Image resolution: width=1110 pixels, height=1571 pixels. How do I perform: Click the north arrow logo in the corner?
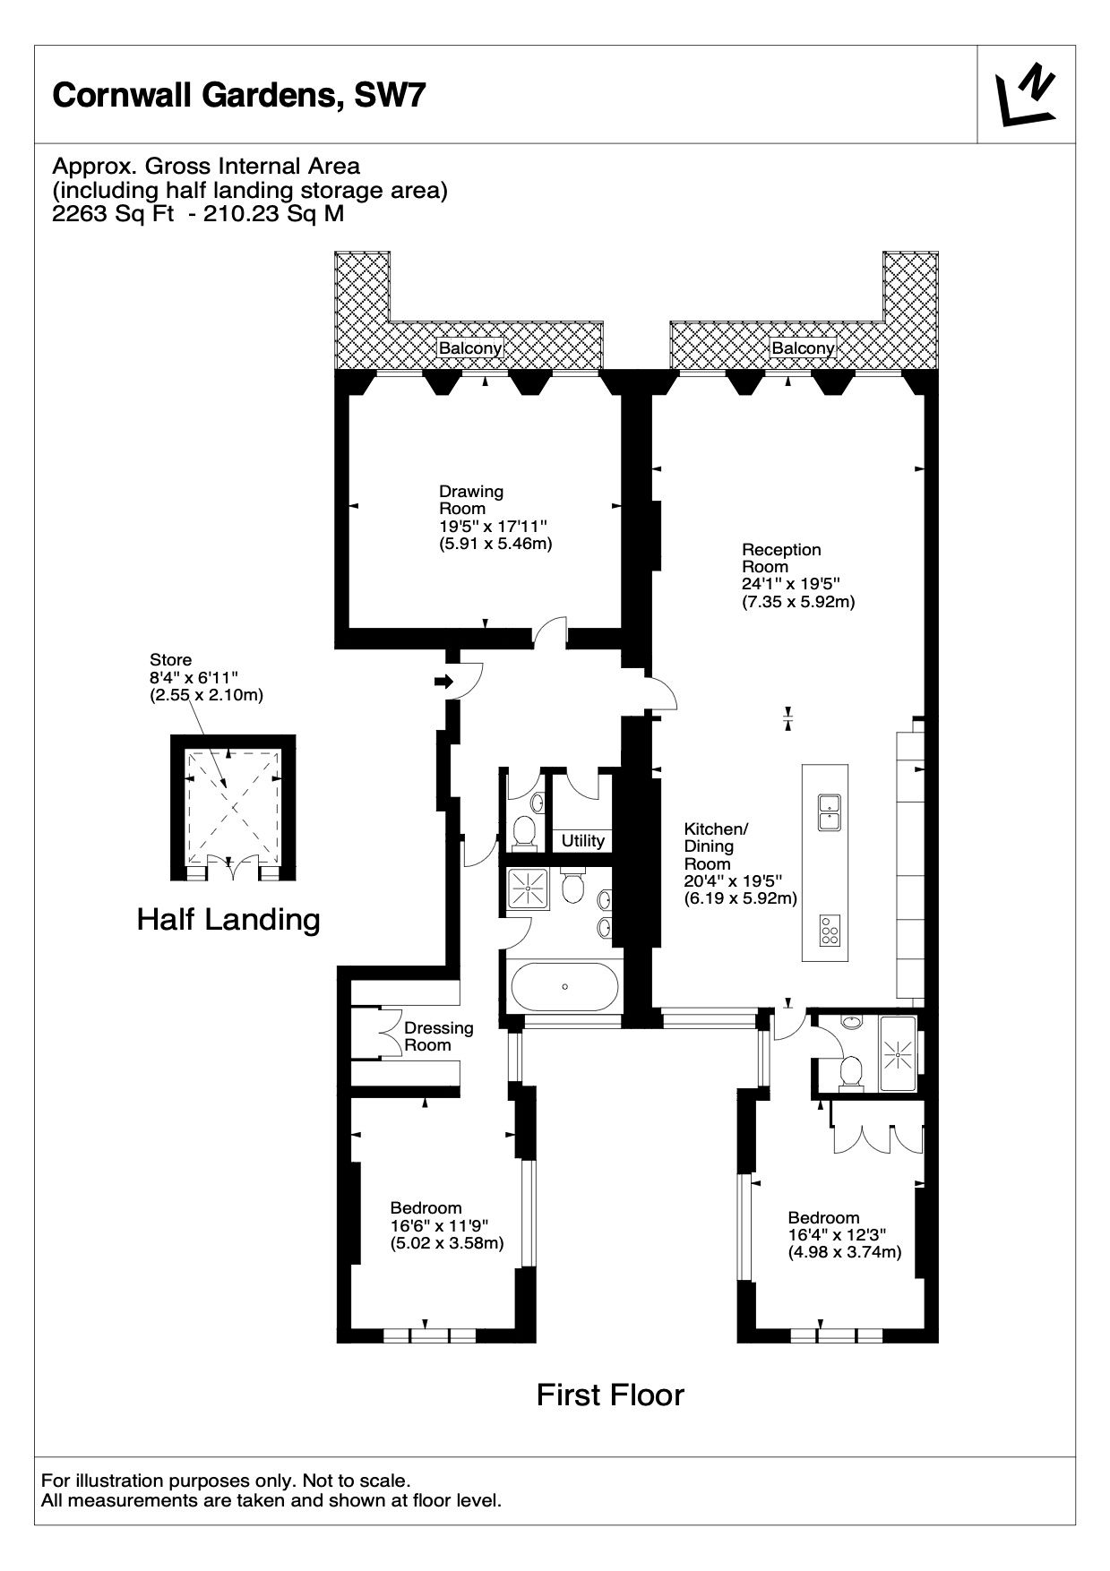(x=1026, y=94)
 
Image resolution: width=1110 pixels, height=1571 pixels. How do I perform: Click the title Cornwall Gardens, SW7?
(x=237, y=95)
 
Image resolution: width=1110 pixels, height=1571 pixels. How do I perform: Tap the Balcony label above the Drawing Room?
(x=469, y=348)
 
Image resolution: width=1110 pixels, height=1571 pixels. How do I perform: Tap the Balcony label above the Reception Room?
(x=803, y=348)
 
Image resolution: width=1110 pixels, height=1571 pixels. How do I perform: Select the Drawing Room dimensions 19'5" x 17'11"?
(x=492, y=526)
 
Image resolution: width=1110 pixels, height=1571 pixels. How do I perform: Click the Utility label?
(x=583, y=841)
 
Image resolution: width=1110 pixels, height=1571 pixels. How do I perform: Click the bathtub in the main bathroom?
(x=564, y=987)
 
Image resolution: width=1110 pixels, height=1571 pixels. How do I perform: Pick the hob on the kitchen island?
(x=830, y=931)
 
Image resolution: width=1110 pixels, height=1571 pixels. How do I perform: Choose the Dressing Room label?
(x=439, y=1036)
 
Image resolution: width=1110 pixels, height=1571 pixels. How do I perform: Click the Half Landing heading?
(x=228, y=919)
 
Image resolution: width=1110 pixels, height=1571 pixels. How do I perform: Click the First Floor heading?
(x=610, y=1395)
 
